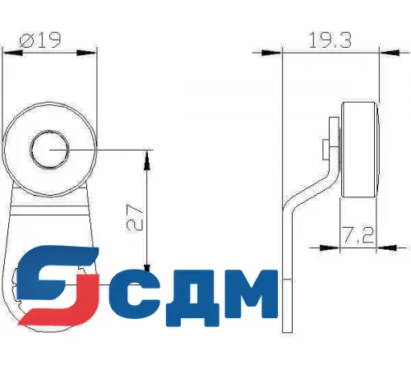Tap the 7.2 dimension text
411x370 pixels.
pyautogui.click(x=358, y=236)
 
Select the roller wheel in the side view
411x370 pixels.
pyautogui.click(x=359, y=150)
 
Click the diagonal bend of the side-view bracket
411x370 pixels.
pyautogui.click(x=311, y=189)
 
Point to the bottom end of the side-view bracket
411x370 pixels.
pyautogui.click(x=288, y=329)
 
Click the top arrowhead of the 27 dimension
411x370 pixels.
pyautogui.click(x=147, y=156)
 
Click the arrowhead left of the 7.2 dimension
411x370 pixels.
pyautogui.click(x=335, y=245)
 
